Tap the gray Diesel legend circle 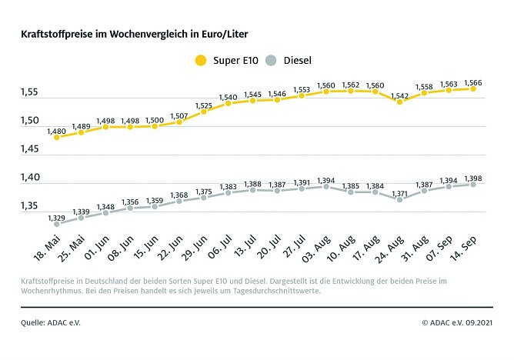[271, 60]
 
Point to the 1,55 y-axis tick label [30, 92]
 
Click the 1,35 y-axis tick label [30, 205]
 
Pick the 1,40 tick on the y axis [30, 177]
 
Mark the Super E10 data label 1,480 [56, 131]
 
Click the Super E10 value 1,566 [472, 82]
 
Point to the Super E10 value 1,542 [399, 95]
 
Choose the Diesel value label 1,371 [399, 193]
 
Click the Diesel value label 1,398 [472, 178]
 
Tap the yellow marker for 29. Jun [203, 112]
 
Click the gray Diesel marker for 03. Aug [326, 186]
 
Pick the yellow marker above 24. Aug [399, 102]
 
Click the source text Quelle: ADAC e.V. [51, 322]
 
